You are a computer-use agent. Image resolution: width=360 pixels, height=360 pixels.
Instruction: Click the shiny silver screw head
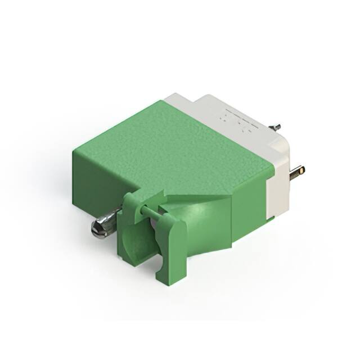tap(100, 228)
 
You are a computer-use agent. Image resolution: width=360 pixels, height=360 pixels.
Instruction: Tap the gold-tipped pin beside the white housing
tap(298, 170)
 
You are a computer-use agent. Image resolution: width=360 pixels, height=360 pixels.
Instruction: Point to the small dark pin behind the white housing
tap(276, 127)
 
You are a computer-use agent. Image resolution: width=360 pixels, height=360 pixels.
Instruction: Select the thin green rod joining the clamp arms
tap(147, 209)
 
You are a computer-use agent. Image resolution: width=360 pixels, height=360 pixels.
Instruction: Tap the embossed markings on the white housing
tap(236, 119)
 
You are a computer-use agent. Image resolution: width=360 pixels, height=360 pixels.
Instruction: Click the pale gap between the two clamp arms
tap(153, 225)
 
